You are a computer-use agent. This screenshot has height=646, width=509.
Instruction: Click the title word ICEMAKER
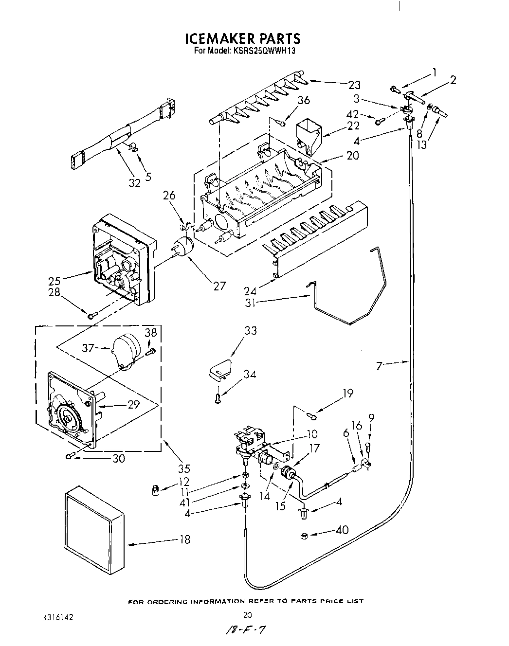click(x=217, y=38)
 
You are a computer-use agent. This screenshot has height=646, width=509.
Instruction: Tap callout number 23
click(x=354, y=85)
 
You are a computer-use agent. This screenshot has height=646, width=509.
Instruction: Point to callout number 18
click(x=183, y=539)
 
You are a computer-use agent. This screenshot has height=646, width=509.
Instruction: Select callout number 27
click(x=219, y=286)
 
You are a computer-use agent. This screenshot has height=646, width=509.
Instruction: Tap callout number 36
click(x=303, y=100)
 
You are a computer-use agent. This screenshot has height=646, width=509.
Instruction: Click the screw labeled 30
click(x=71, y=456)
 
